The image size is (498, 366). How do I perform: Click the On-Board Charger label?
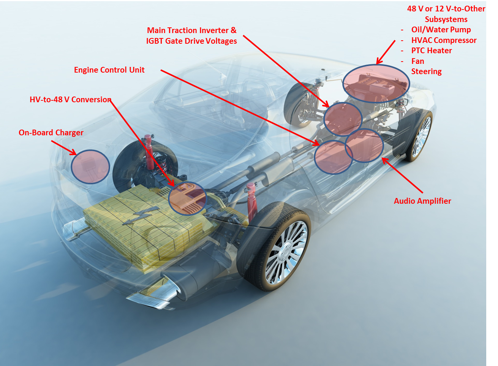pos(51,133)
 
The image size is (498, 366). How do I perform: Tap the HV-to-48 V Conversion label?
pos(70,100)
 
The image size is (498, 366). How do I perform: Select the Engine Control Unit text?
pos(109,70)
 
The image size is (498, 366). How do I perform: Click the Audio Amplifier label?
pos(422,201)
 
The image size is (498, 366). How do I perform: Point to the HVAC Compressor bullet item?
pos(443,40)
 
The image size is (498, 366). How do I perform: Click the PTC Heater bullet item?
pos(431,51)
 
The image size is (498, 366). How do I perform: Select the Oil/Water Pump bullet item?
pos(441,30)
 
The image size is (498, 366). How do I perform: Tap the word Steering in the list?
pos(426,71)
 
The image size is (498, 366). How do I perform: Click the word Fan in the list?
pos(417,61)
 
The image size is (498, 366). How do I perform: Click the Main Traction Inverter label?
pos(191,30)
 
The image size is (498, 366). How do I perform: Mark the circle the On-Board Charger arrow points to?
pos(90,167)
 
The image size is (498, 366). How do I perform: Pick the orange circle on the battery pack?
pos(187,198)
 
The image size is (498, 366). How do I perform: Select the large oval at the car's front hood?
pos(376,84)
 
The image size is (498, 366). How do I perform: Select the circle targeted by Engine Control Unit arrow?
pos(333,157)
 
